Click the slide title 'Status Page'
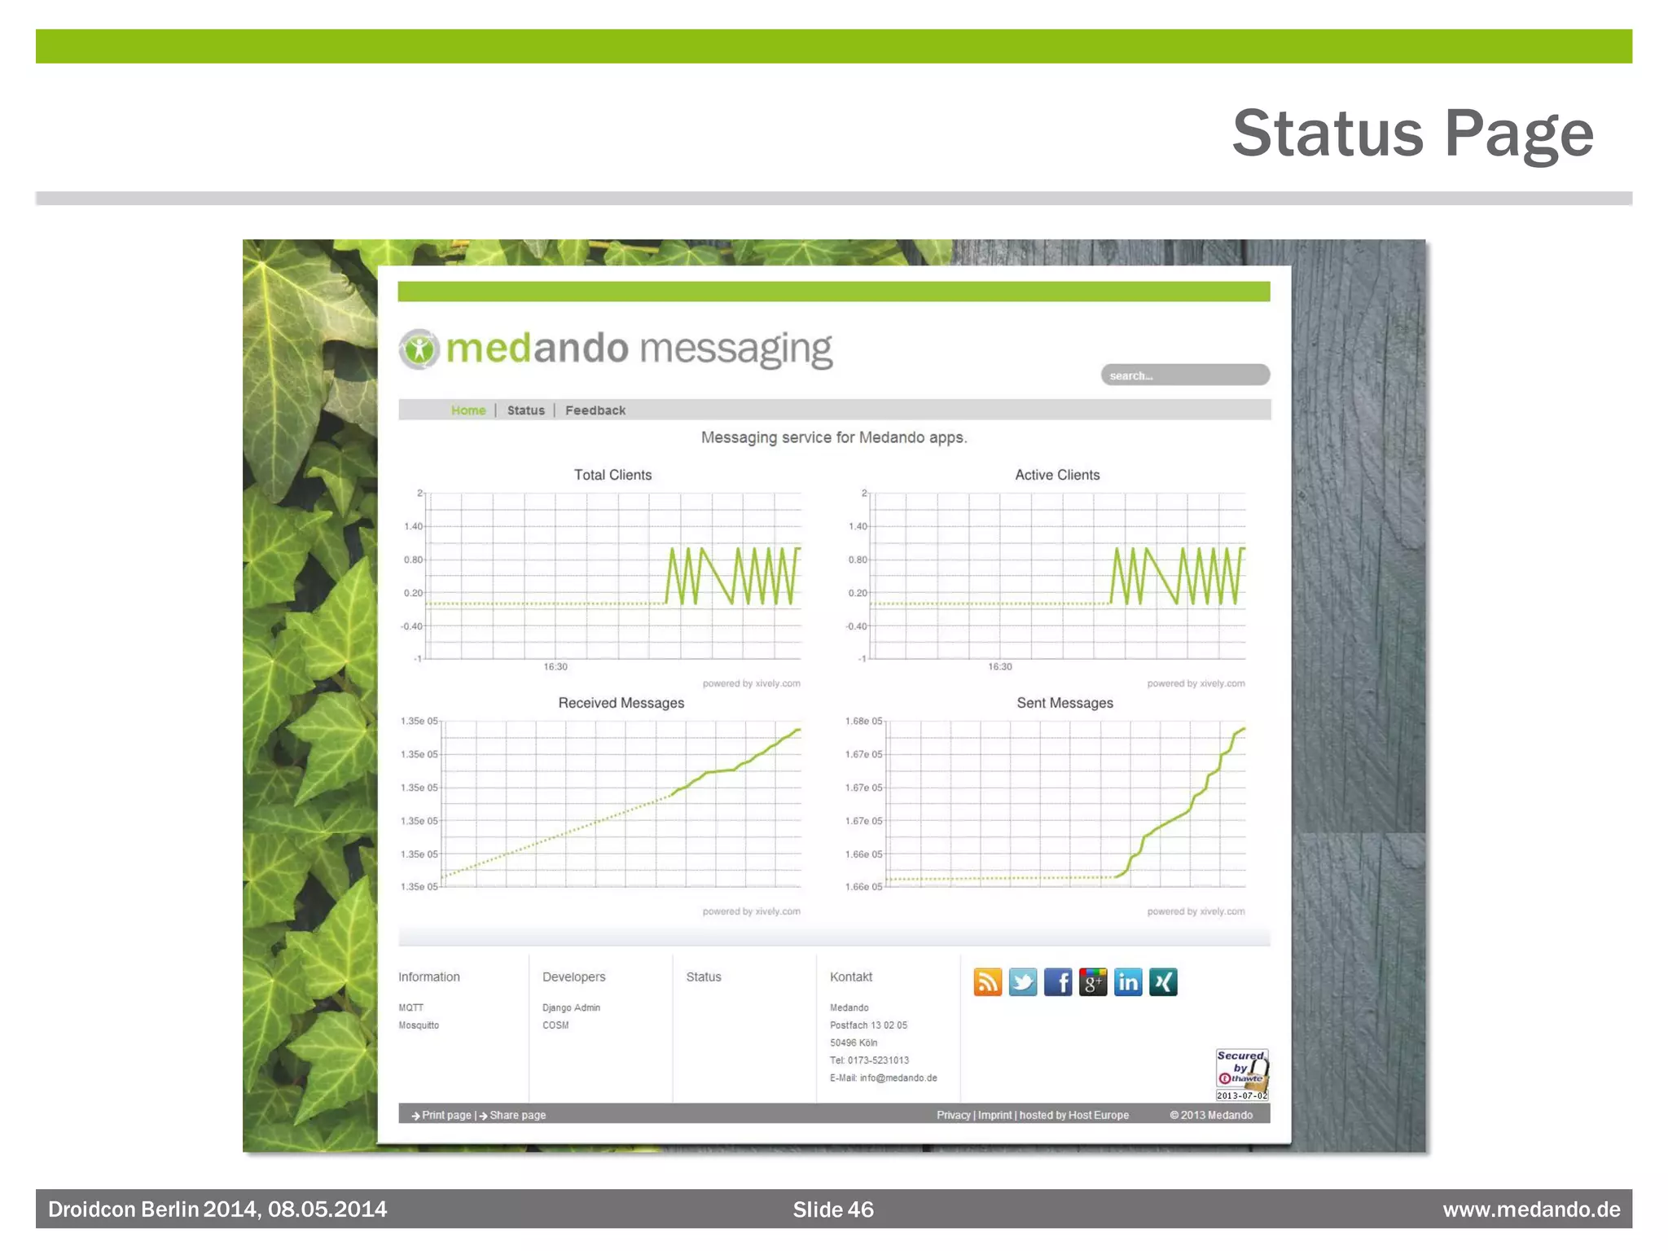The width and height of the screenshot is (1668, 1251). [x=1412, y=133]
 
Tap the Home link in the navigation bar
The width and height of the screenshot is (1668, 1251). [x=468, y=410]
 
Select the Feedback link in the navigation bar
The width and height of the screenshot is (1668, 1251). [x=595, y=410]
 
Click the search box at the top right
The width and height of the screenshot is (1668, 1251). [x=1185, y=375]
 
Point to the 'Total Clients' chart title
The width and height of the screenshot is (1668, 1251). [x=612, y=475]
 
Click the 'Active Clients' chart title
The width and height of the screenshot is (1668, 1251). [x=1057, y=475]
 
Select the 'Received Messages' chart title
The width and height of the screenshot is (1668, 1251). [x=621, y=703]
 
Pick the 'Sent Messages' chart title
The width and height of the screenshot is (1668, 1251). [x=1064, y=703]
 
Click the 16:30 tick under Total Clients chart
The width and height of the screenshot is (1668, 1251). [x=555, y=667]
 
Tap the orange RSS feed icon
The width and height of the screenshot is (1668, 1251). [x=988, y=982]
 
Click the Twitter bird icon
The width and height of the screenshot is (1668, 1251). [x=1023, y=982]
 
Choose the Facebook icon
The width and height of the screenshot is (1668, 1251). [x=1058, y=982]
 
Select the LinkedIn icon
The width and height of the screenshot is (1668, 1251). [x=1128, y=982]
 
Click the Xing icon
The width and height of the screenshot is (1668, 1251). [x=1163, y=982]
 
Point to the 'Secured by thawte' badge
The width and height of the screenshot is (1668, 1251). [x=1242, y=1073]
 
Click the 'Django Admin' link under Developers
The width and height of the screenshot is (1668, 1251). [x=571, y=1008]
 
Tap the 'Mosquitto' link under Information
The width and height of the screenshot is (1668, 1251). [x=419, y=1025]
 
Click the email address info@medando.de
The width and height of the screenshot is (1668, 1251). [x=898, y=1078]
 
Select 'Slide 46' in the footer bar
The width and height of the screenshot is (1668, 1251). [x=833, y=1209]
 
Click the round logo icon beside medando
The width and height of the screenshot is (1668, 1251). [x=419, y=349]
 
